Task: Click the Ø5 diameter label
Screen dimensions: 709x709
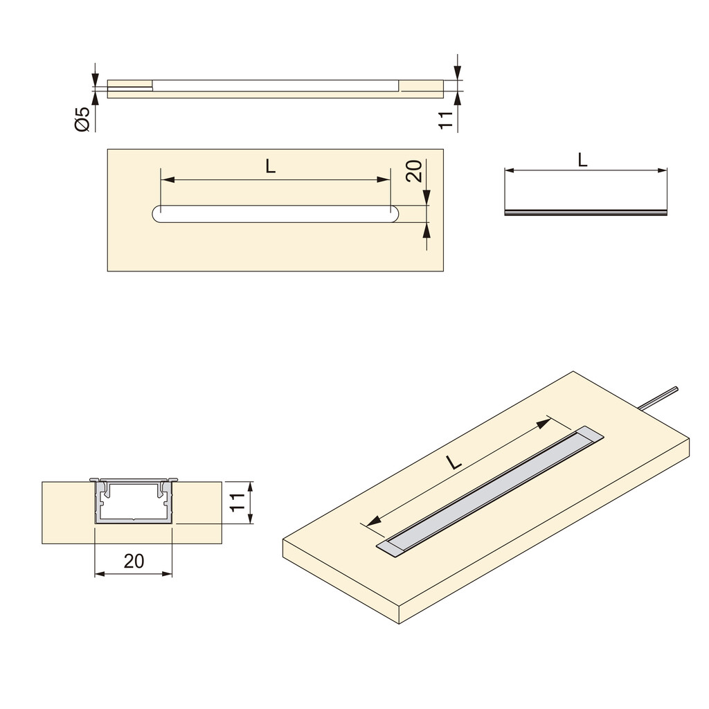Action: tap(82, 118)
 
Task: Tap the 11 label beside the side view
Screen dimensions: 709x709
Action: tap(447, 118)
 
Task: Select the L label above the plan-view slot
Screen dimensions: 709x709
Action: tap(270, 165)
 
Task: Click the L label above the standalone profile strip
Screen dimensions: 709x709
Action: tap(583, 160)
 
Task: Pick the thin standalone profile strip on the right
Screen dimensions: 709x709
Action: tap(586, 213)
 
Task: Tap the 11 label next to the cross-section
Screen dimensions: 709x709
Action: tap(237, 503)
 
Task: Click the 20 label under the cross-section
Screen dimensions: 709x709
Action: tap(134, 562)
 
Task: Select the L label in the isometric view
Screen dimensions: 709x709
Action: tap(454, 463)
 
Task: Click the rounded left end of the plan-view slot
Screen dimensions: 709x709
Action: tap(156, 214)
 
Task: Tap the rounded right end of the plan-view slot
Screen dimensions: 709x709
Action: tap(392, 214)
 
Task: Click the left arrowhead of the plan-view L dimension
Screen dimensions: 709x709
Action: tap(167, 179)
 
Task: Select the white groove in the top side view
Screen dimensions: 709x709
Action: tap(275, 86)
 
